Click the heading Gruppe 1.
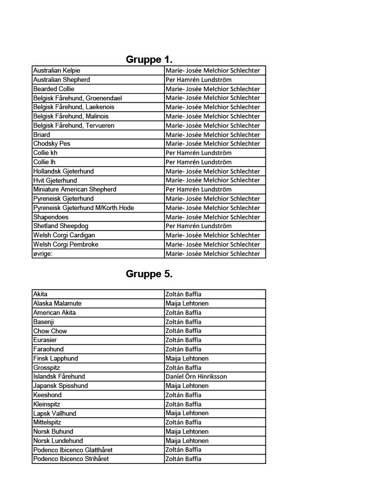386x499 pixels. (149, 59)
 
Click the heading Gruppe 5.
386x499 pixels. (149, 274)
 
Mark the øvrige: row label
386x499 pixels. (42, 254)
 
